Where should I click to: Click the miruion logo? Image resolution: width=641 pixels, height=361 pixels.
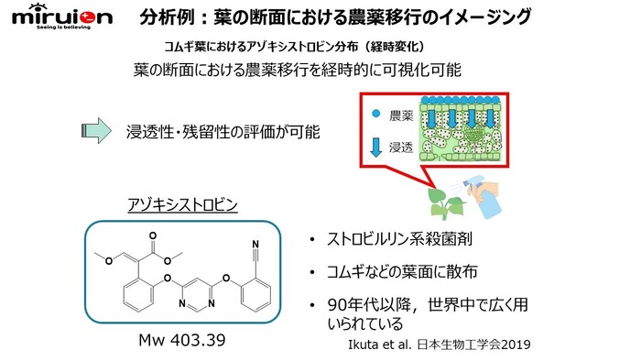(x=56, y=16)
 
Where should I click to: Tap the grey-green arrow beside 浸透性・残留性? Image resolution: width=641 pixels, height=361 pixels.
(x=93, y=131)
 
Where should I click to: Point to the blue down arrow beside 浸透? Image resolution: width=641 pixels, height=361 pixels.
(x=376, y=147)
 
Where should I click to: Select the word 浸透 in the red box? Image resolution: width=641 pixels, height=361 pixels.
(x=402, y=147)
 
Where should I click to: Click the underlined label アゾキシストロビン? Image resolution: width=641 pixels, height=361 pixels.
(x=181, y=204)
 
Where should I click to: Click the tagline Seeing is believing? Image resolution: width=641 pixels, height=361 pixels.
(x=58, y=28)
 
